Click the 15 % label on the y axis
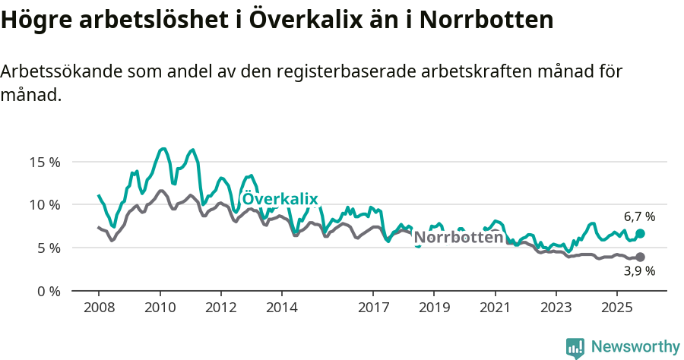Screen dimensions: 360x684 44,162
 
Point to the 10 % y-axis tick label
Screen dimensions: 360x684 44,205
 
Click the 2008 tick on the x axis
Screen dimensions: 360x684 99,308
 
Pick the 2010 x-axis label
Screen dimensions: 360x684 160,308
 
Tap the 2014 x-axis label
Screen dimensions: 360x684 281,308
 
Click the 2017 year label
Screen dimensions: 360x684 372,308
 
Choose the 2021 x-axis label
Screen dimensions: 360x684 495,308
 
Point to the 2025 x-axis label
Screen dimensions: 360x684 616,308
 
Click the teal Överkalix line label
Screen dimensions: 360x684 280,199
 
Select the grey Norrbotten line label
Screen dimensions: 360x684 458,238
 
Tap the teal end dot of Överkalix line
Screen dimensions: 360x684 640,234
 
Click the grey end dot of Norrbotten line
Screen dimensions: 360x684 640,257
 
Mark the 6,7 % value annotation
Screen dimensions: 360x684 639,216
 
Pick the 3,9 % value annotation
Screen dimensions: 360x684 639,271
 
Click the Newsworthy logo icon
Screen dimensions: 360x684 575,347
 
